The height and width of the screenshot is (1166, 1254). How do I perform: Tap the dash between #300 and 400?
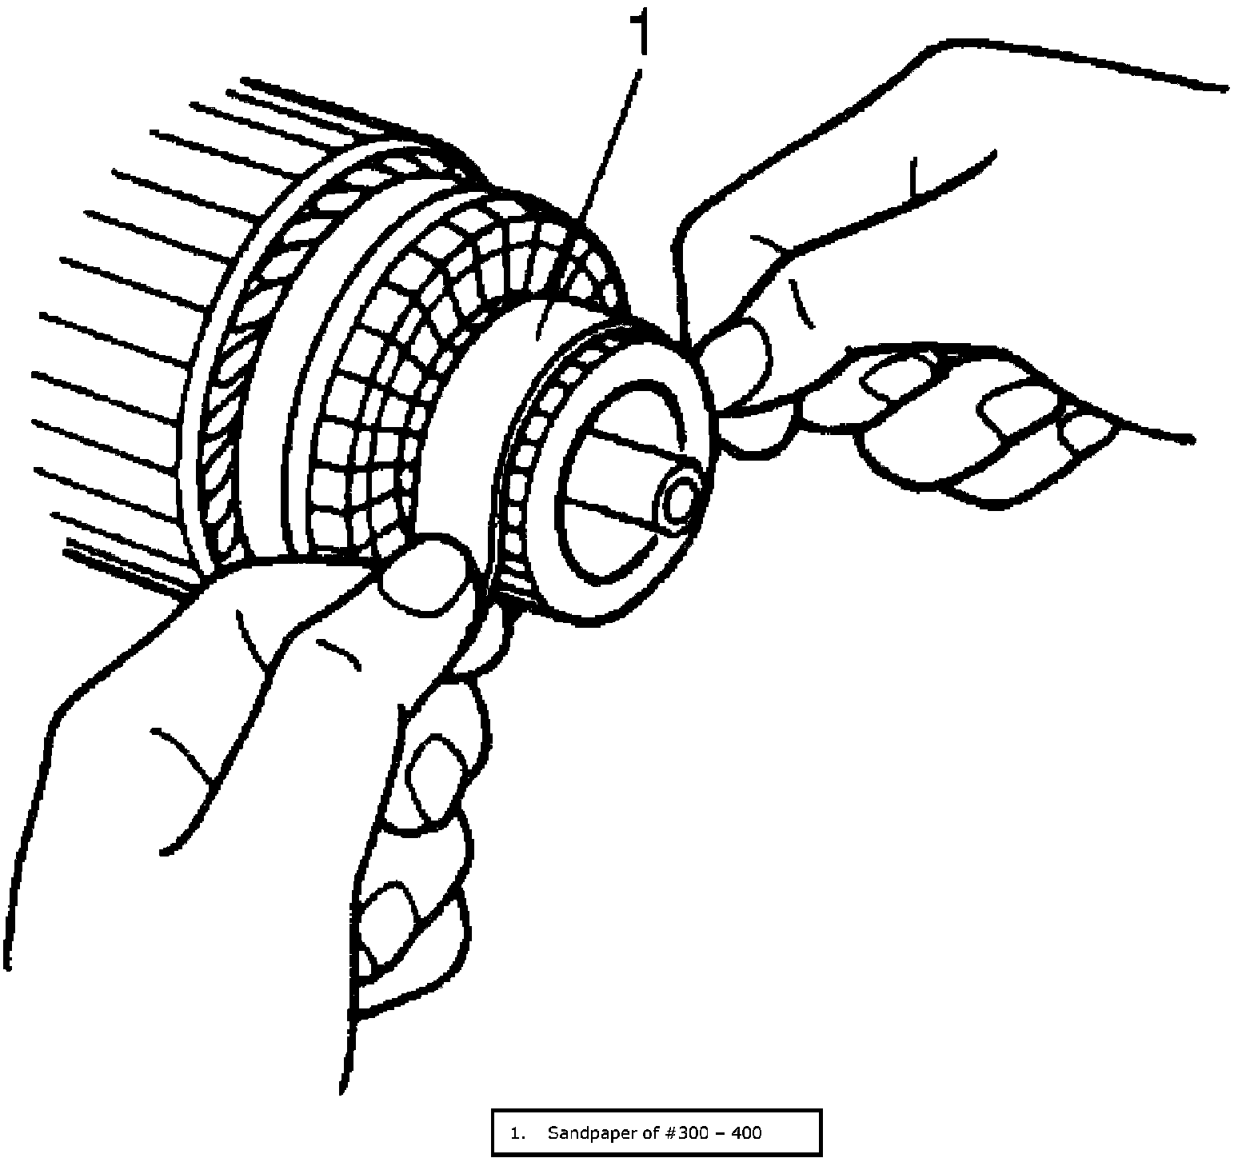[x=705, y=1132]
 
